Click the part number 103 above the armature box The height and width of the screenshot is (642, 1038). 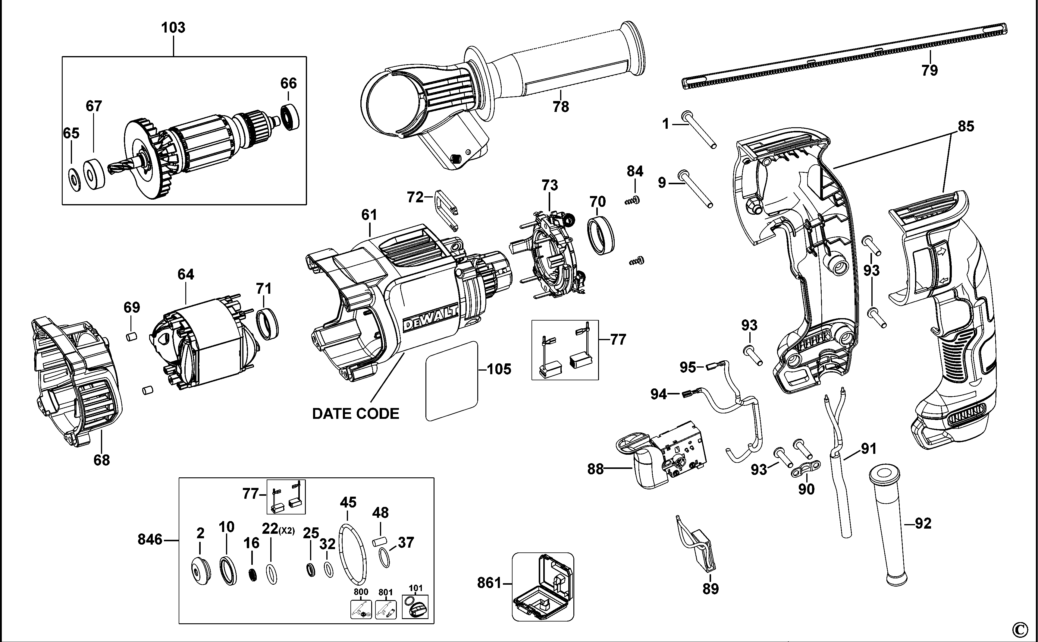[x=173, y=28]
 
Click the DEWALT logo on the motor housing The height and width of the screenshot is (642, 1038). [x=429, y=318]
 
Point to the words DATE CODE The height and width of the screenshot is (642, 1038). [x=356, y=413]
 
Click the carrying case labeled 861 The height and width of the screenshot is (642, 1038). [x=543, y=587]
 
